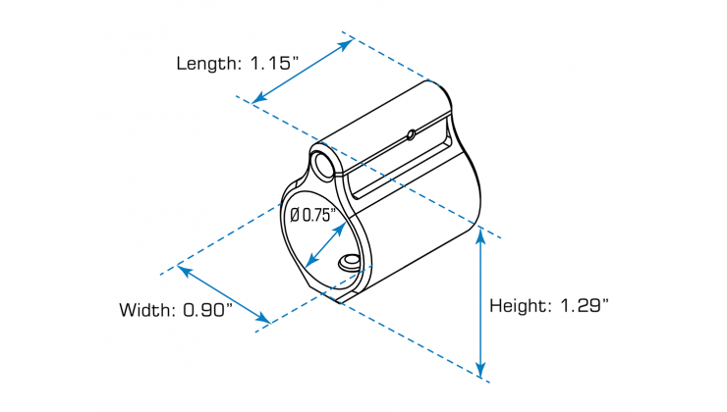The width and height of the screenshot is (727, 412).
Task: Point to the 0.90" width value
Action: click(x=207, y=310)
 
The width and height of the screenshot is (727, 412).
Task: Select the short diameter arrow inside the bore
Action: click(x=323, y=245)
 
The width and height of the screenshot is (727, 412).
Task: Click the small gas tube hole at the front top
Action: click(x=320, y=161)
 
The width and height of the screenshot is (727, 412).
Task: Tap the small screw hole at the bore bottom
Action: click(x=348, y=261)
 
